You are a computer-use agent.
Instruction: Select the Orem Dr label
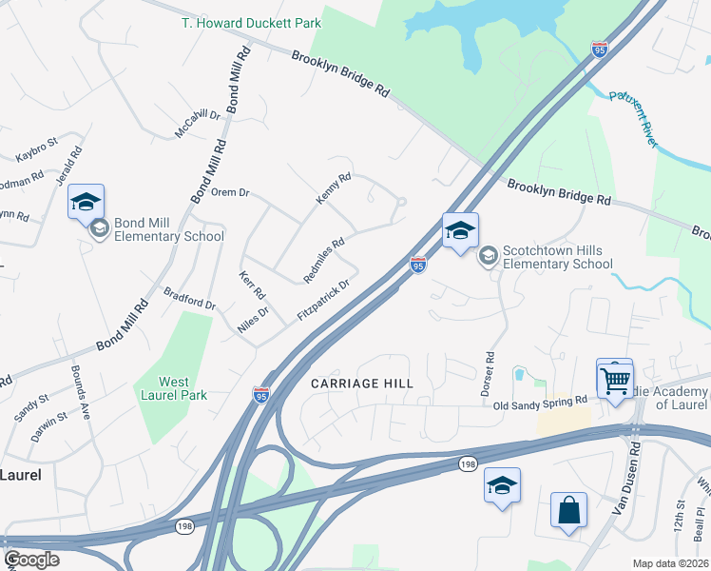pyautogui.click(x=229, y=192)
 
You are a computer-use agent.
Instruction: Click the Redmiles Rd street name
pyautogui.click(x=323, y=259)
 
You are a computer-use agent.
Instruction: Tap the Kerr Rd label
pyautogui.click(x=251, y=286)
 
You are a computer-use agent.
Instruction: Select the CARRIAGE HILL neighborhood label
pyautogui.click(x=363, y=383)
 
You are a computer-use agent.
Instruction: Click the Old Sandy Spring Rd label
pyautogui.click(x=539, y=403)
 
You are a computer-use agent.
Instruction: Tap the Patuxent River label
pyautogui.click(x=632, y=117)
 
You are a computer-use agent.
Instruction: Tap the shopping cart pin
pyautogui.click(x=615, y=380)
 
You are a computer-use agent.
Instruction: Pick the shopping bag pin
pyautogui.click(x=568, y=509)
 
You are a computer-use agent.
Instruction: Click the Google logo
pyautogui.click(x=31, y=560)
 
